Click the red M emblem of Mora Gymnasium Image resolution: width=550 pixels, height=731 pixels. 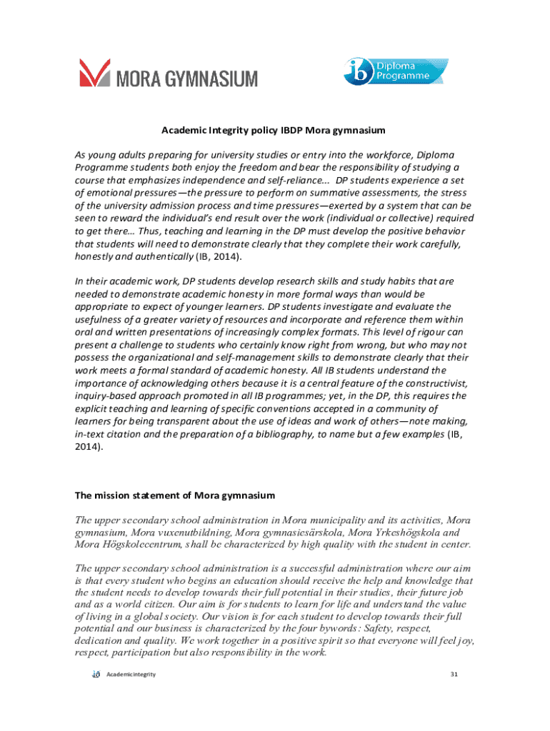tap(94, 73)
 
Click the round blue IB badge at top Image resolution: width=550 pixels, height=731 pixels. tap(356, 73)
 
